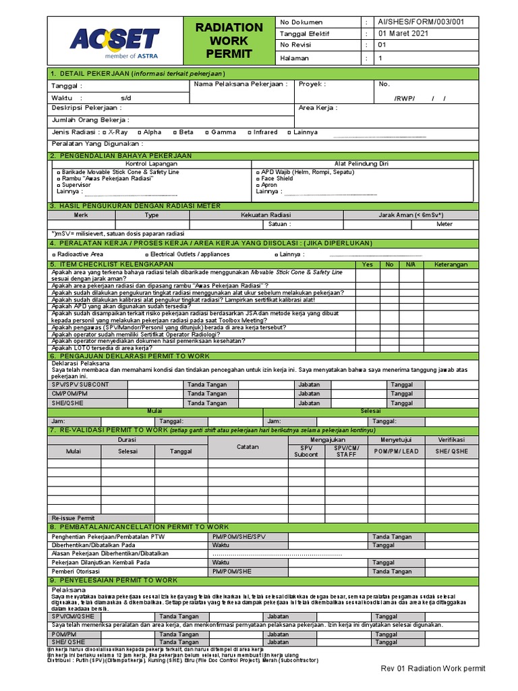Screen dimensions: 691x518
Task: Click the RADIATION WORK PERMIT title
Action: pos(229,40)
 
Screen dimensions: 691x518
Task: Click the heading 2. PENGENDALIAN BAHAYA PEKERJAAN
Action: pos(121,156)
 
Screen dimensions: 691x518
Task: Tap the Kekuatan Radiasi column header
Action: pos(266,215)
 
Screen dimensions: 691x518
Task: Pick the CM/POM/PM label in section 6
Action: pos(70,393)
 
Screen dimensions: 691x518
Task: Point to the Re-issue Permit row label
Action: pos(74,518)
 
